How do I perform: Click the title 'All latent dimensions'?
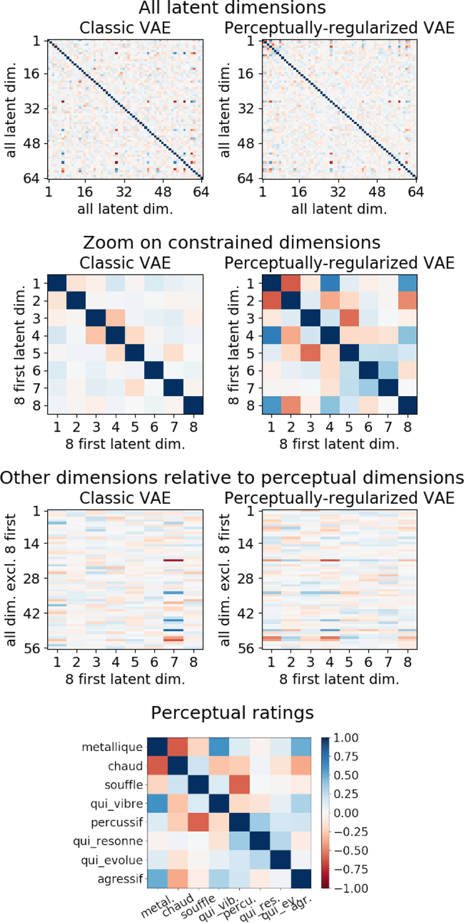pos(232,8)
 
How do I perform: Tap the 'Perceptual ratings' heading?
pos(232,713)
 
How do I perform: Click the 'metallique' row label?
pos(112,747)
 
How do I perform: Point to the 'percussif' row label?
pos(117,822)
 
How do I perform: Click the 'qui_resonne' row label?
pos(108,841)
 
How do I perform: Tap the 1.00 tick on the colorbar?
pos(346,738)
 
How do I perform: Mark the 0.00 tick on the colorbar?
pos(346,813)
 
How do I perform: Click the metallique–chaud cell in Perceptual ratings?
pos(177,747)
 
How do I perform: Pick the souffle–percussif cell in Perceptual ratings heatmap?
pos(239,784)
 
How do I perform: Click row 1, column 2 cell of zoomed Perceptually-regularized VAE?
pos(291,284)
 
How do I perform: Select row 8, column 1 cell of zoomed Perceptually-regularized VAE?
pos(272,405)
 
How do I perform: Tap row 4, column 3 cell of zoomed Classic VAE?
pos(96,336)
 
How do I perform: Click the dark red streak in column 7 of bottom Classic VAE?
pos(173,560)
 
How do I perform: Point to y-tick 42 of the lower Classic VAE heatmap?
pos(32,614)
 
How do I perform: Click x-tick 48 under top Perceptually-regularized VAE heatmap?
pos(377,192)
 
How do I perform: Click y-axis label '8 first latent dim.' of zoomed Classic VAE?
pos(20,345)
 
